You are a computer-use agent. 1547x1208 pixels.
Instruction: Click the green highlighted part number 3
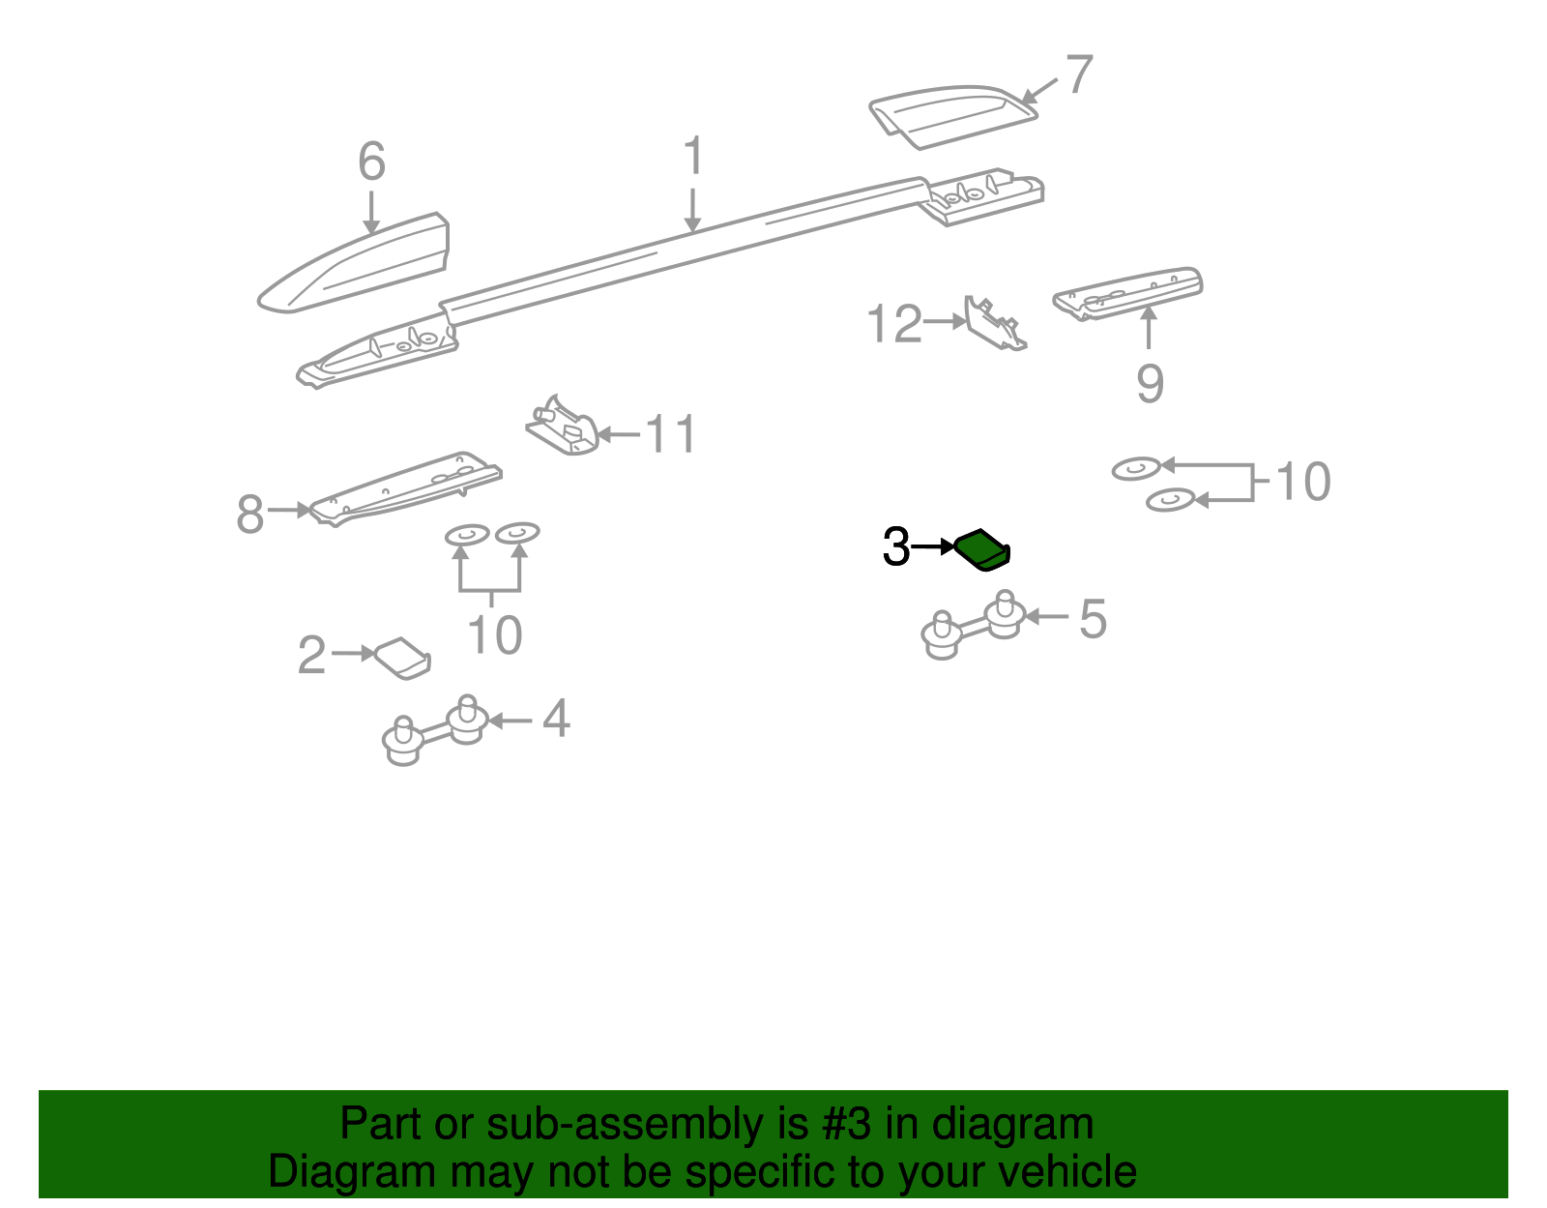(981, 549)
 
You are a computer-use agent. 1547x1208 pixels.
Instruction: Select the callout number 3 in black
(896, 546)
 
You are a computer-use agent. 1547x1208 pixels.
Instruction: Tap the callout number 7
(1079, 74)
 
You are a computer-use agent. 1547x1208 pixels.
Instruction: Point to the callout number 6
(371, 161)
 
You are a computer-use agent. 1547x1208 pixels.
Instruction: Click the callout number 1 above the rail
(693, 155)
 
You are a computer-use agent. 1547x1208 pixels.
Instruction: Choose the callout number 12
(894, 323)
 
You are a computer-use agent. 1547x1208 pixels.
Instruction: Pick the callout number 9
(1150, 383)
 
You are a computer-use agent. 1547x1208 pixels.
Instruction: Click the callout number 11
(670, 434)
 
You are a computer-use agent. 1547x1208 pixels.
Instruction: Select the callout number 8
(249, 514)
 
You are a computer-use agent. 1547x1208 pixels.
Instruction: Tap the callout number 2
(312, 655)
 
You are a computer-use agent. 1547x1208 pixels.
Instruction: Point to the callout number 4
(556, 719)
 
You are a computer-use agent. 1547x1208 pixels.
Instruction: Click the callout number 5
(1093, 619)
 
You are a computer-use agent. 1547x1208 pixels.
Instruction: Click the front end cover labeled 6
(354, 263)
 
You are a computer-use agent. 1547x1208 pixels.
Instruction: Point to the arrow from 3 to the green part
(933, 546)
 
